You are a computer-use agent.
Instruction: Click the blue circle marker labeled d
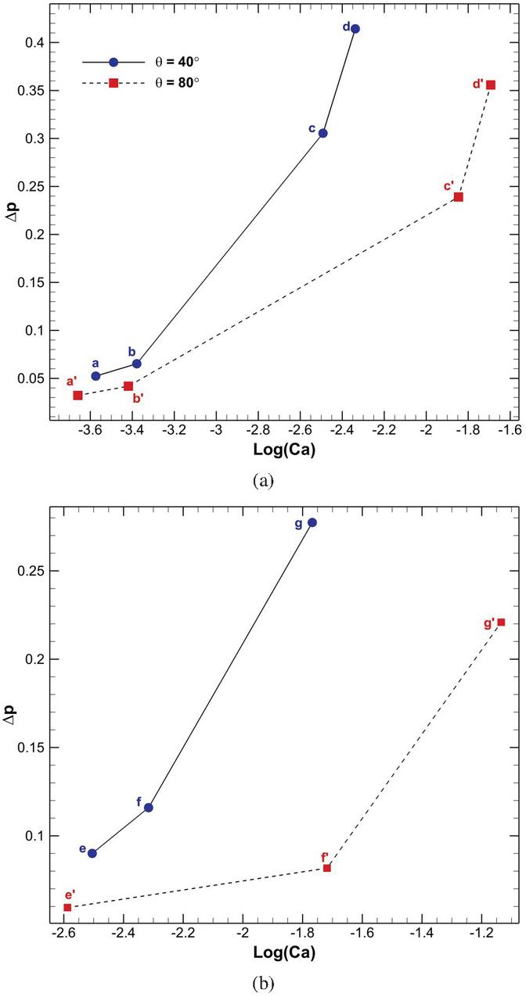[355, 29]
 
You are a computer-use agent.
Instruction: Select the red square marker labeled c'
[459, 197]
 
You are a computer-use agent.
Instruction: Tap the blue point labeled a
[95, 376]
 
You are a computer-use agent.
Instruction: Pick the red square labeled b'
[128, 386]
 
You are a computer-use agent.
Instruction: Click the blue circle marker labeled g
[312, 522]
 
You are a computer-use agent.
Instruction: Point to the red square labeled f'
[327, 868]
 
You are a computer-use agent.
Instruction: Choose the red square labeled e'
[67, 907]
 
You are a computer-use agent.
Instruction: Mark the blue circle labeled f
[149, 807]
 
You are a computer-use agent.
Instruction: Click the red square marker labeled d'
[491, 85]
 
